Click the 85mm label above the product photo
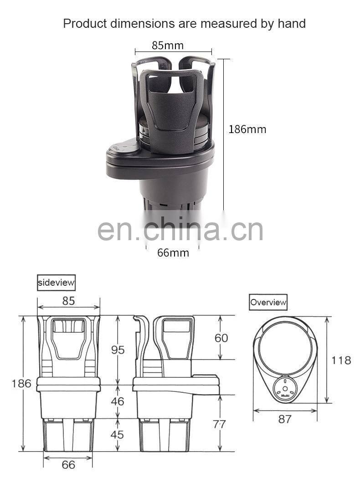[x=168, y=46]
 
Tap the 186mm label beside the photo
[x=247, y=129]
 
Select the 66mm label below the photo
[x=173, y=253]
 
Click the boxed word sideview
[x=56, y=283]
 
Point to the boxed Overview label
[x=268, y=302]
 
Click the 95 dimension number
[x=118, y=350]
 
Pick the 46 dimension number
[x=118, y=401]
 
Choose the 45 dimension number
[x=117, y=434]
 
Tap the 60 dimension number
[x=221, y=338]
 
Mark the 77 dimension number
[x=219, y=424]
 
